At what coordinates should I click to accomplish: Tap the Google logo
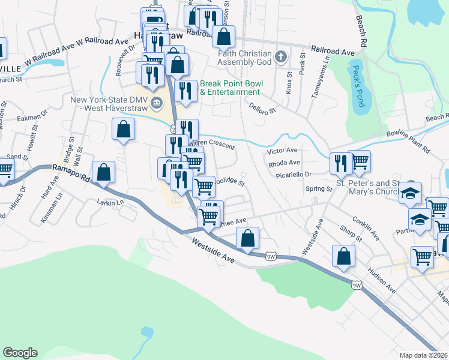coord(20,353)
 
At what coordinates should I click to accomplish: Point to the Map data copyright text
coord(423,355)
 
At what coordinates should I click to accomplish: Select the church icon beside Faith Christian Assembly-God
coord(280,58)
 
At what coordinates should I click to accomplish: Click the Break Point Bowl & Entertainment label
coord(230,88)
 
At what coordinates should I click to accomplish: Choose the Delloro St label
coord(262,108)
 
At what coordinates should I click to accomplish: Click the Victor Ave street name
coord(283,150)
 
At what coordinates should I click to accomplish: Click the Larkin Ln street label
coord(110,202)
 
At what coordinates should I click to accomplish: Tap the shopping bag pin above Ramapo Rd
coord(104,171)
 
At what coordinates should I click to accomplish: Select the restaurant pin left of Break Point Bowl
coord(186,91)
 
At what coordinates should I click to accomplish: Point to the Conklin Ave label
coord(366,229)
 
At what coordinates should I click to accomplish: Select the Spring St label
coord(319,189)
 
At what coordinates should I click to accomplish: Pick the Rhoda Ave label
coord(284,163)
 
